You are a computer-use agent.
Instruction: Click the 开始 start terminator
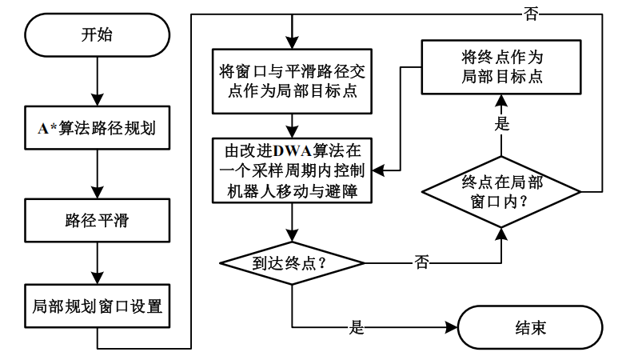pyautogui.click(x=95, y=35)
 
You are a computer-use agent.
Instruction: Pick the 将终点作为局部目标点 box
pyautogui.click(x=501, y=68)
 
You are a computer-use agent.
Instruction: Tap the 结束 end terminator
pyautogui.click(x=527, y=327)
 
